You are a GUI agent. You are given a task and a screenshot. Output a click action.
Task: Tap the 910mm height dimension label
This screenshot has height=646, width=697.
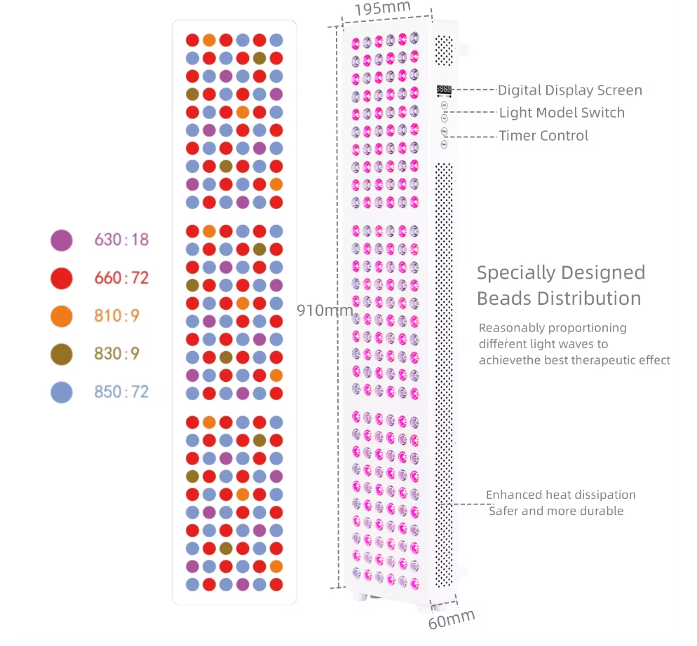[x=323, y=310]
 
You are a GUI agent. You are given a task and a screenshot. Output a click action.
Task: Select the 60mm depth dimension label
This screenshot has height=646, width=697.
[x=451, y=619]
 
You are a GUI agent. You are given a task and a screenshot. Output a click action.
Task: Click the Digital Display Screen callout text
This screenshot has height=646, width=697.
[x=569, y=90]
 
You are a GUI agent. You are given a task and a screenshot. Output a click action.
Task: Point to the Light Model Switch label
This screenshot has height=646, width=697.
[x=561, y=113]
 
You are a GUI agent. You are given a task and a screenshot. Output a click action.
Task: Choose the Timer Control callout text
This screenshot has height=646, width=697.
[x=543, y=136]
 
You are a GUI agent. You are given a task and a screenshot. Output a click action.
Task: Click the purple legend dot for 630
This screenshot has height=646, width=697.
[x=62, y=240]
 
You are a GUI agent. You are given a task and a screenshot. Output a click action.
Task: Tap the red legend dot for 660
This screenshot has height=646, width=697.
[x=62, y=278]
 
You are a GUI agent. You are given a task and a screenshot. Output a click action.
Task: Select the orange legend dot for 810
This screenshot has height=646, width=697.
[x=62, y=316]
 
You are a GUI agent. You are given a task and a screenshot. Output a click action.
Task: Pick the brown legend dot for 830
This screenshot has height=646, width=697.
[x=62, y=354]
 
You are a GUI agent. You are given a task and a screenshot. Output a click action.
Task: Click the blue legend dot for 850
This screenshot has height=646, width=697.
[x=62, y=392]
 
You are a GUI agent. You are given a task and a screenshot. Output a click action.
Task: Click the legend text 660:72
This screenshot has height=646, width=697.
[x=121, y=278]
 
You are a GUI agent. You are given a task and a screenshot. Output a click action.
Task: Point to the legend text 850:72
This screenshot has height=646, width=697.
[x=121, y=392]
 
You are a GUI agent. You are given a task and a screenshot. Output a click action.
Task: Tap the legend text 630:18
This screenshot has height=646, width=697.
[x=121, y=240]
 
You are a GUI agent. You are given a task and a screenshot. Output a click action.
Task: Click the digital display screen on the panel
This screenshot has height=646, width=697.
[x=444, y=90]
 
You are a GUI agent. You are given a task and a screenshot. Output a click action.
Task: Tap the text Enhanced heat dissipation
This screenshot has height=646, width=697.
[x=560, y=495]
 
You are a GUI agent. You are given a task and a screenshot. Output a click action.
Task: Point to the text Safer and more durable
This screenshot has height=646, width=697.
[x=556, y=511]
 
